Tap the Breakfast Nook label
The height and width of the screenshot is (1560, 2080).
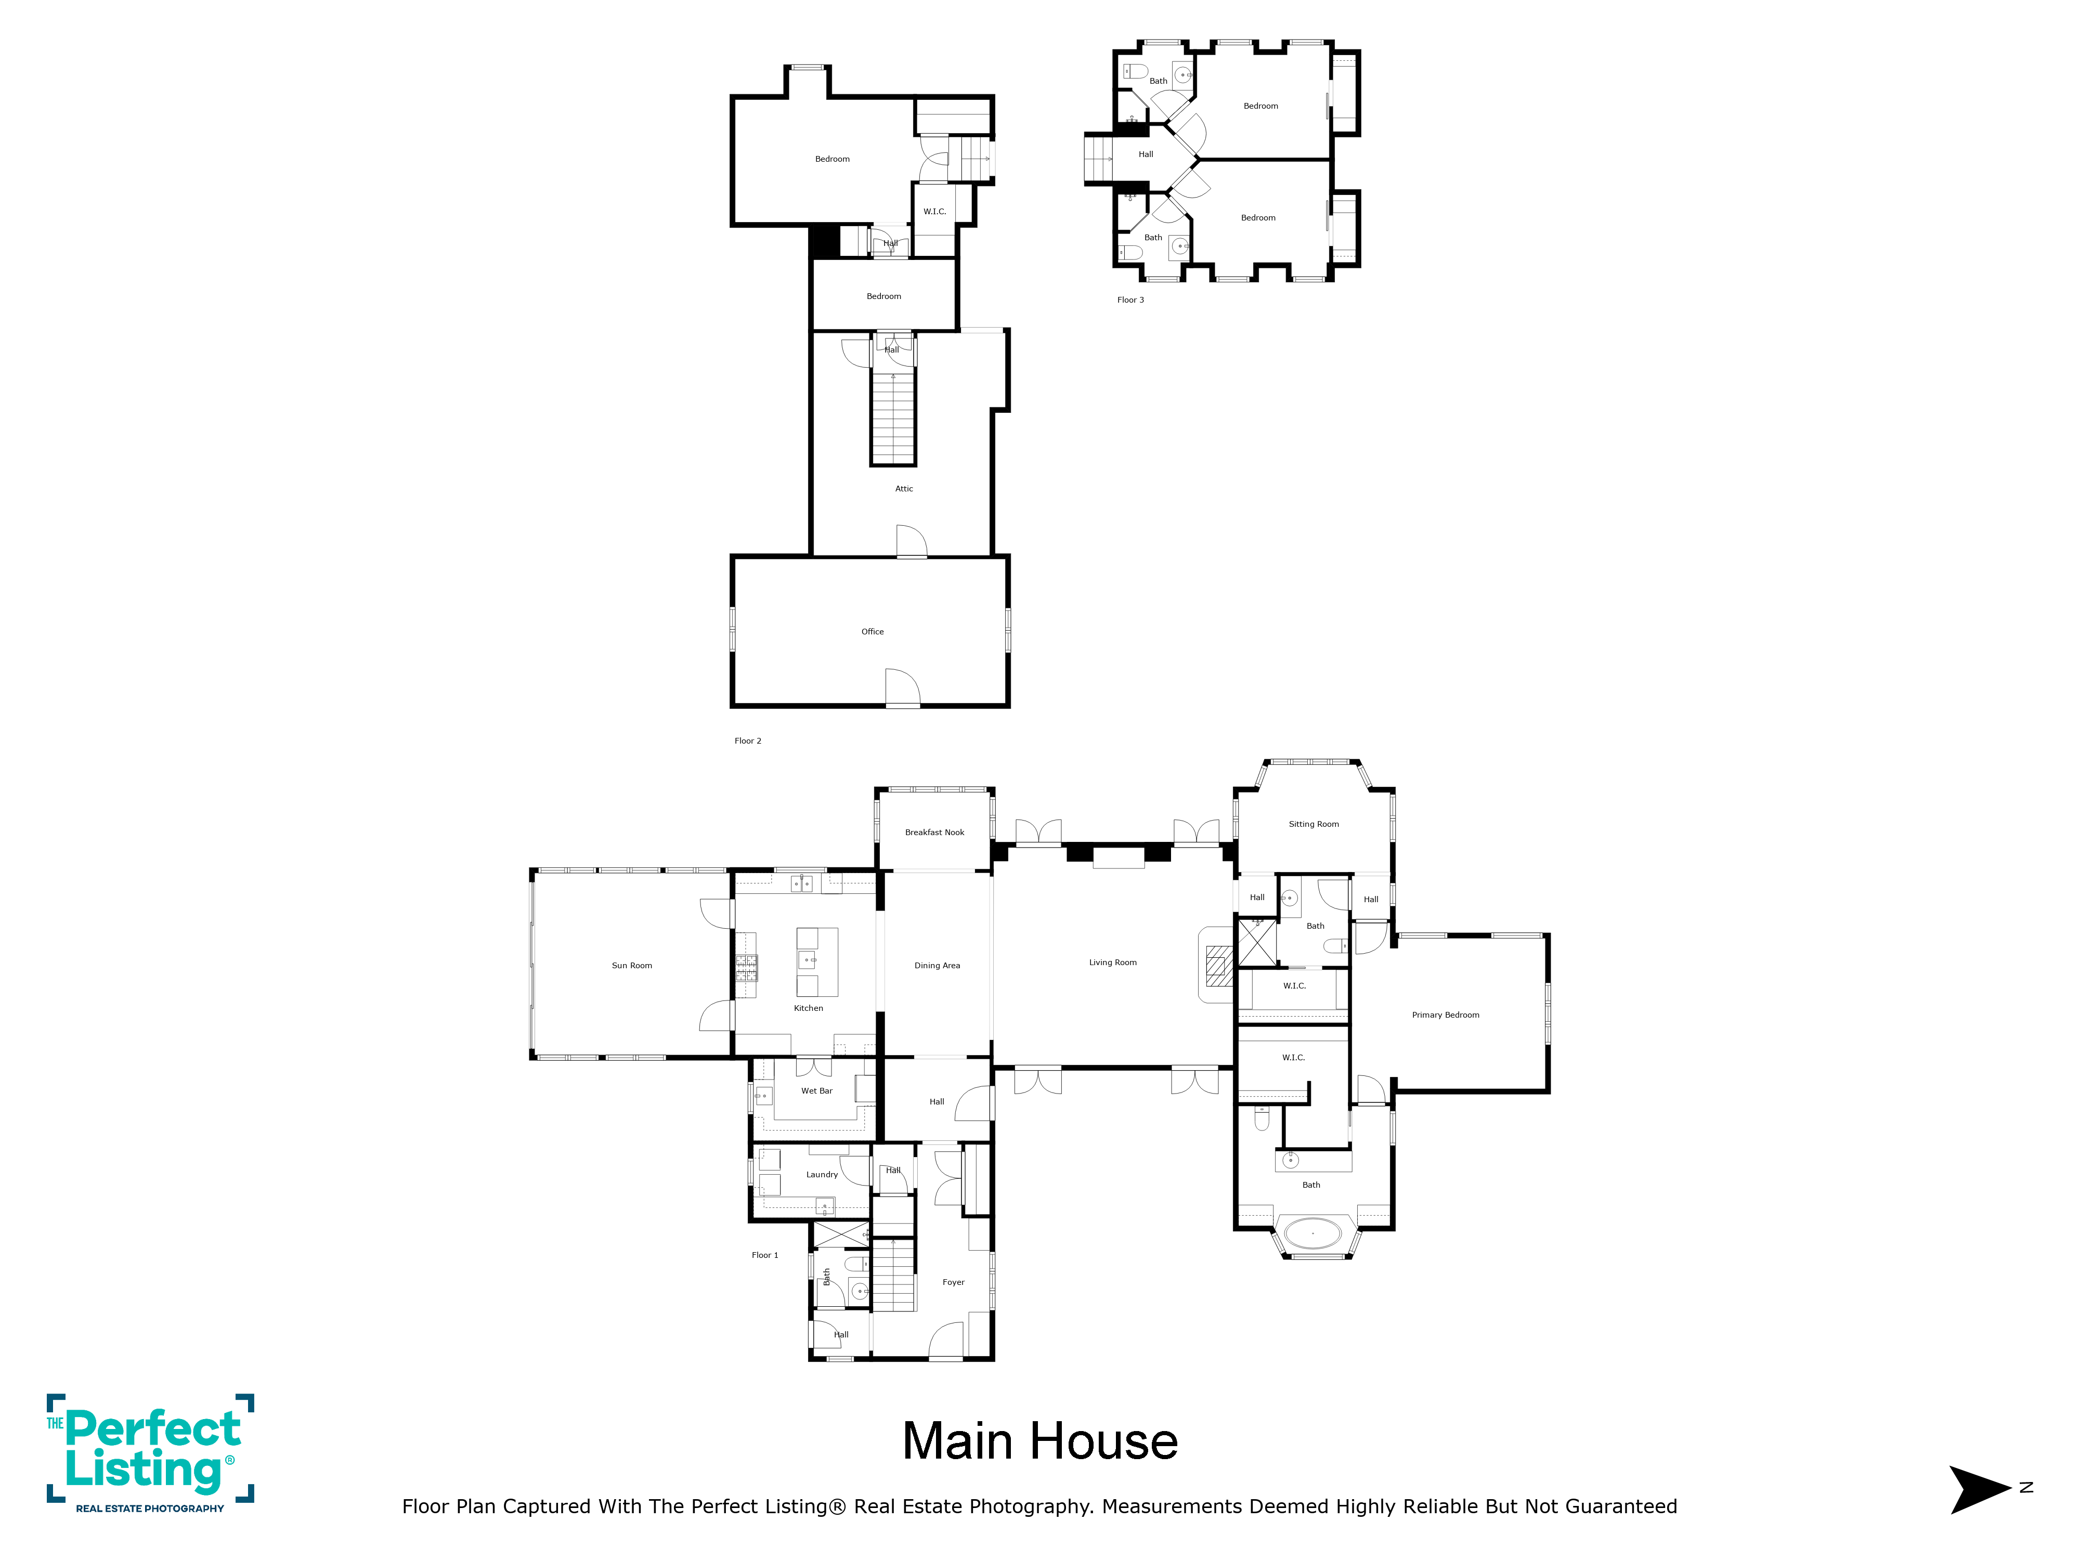click(x=934, y=832)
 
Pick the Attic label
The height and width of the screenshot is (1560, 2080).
click(x=904, y=489)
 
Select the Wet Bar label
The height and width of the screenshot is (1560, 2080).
click(x=816, y=1091)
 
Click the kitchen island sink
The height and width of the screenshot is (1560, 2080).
click(x=808, y=959)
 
